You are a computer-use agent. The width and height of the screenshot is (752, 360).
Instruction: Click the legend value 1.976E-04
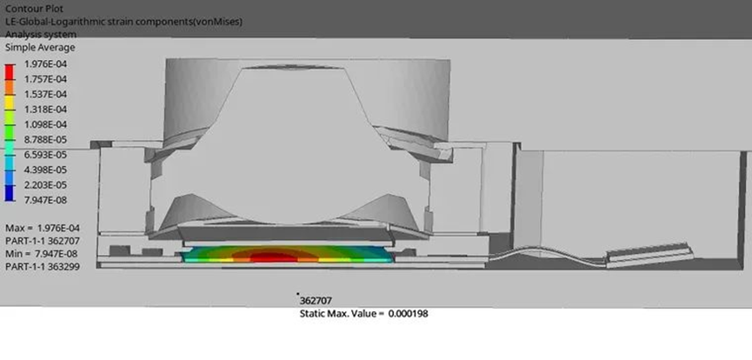coord(45,63)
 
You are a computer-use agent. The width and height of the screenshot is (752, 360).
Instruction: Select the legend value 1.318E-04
coord(45,110)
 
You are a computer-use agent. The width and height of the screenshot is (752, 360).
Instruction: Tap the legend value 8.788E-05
coord(45,140)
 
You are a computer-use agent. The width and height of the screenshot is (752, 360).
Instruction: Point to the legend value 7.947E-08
coord(45,200)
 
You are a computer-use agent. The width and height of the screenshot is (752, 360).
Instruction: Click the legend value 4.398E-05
coord(45,170)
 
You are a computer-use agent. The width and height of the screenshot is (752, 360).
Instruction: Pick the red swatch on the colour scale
coord(10,71)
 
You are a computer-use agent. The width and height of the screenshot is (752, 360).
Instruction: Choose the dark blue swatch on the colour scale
coord(10,192)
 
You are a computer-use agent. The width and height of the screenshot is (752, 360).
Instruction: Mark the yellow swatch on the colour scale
coord(10,102)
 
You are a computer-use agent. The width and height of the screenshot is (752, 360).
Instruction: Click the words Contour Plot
coord(34,9)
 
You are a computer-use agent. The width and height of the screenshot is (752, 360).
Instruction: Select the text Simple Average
coord(40,48)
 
